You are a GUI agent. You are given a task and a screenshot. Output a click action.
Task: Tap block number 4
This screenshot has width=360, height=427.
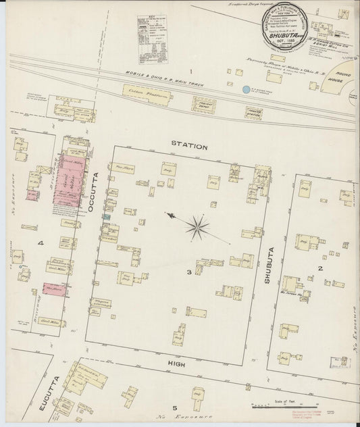click(41, 242)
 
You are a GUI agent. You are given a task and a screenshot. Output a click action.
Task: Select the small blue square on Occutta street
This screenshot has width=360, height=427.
click(104, 218)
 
